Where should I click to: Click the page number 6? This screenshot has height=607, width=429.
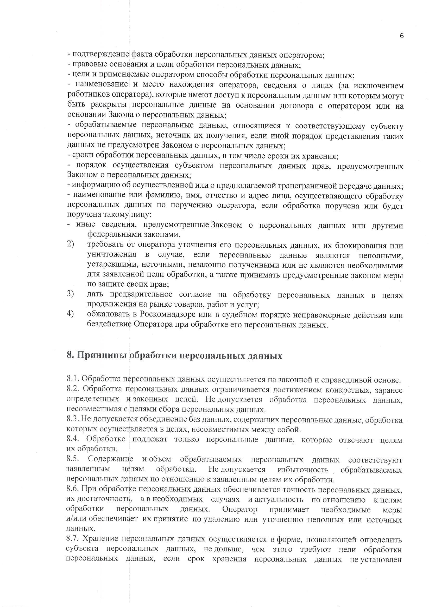[x=402, y=36]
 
